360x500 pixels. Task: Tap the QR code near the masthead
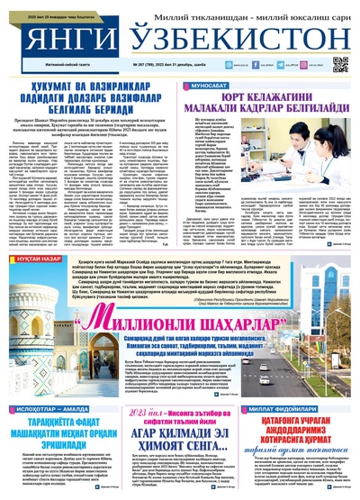click(x=340, y=64)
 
